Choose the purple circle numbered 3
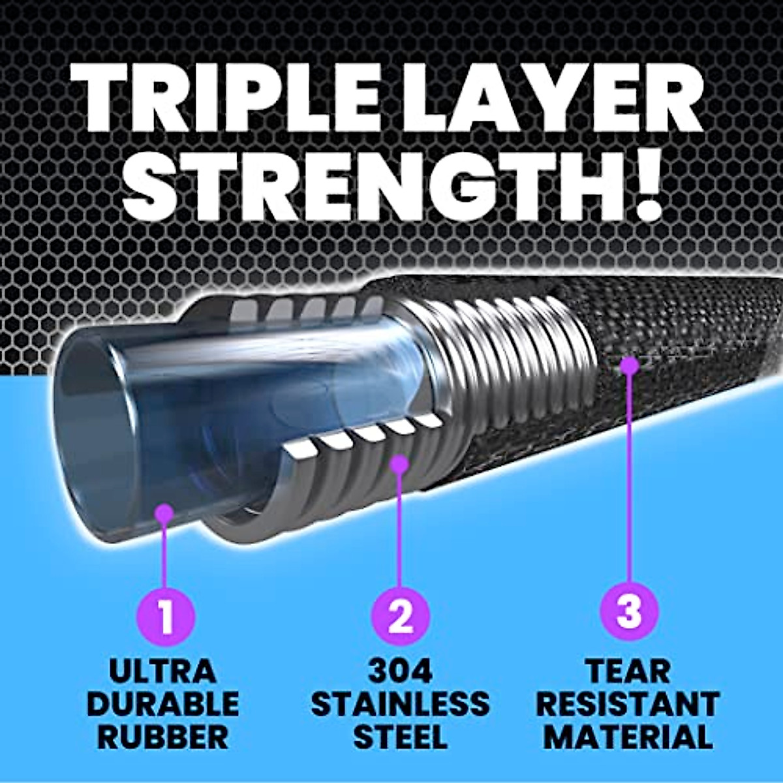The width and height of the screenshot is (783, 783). (629, 613)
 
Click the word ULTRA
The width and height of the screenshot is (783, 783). (162, 671)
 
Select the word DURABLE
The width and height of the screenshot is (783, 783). (162, 704)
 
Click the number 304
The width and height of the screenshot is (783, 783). (399, 671)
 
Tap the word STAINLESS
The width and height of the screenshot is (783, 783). (399, 704)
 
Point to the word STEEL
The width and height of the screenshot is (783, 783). (399, 737)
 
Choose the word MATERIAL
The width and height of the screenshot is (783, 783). (628, 737)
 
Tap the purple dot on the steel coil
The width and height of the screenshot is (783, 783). (399, 464)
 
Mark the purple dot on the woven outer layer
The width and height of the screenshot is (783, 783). (628, 365)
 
